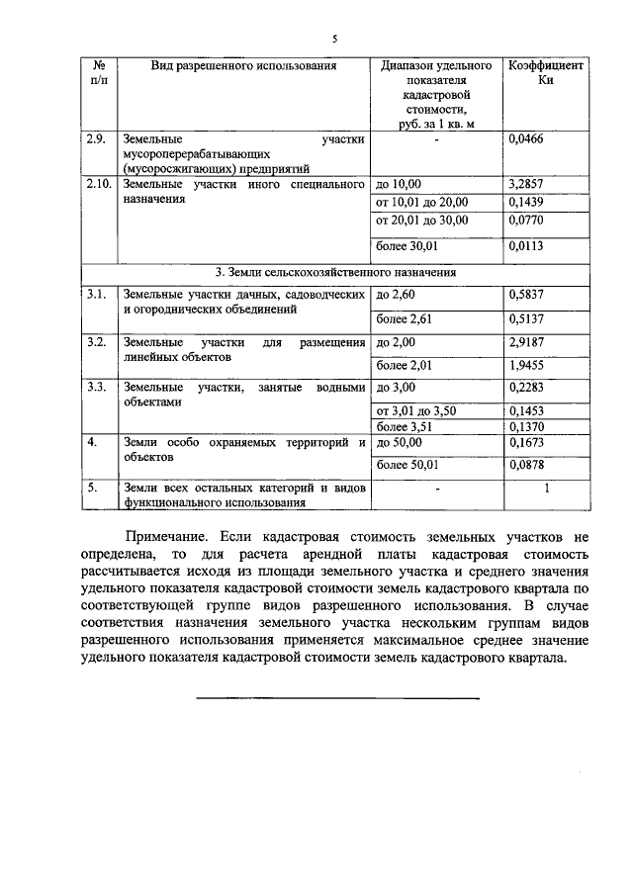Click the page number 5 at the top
333,40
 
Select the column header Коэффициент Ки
545,74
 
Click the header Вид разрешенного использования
243,66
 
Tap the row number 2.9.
96,140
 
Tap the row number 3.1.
96,294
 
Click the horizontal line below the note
337,698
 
